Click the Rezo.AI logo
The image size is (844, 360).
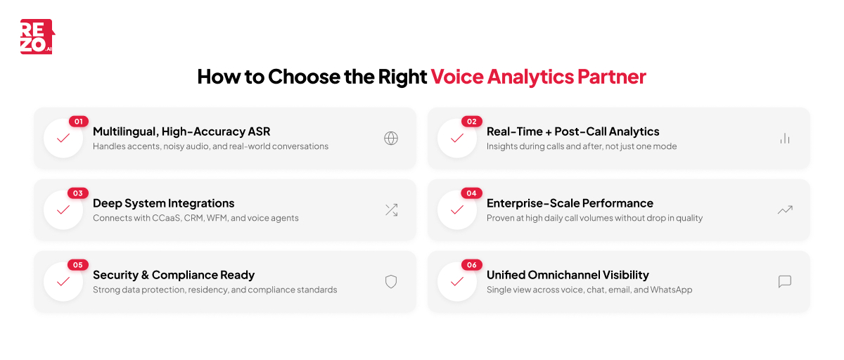pyautogui.click(x=37, y=37)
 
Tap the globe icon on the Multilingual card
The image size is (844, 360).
pyautogui.click(x=391, y=138)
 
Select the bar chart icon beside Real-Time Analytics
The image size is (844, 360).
pyautogui.click(x=785, y=138)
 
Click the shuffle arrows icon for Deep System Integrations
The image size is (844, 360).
pyautogui.click(x=391, y=210)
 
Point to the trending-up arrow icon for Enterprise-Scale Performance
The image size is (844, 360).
pyautogui.click(x=785, y=210)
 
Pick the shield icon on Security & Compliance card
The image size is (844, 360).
pyautogui.click(x=391, y=281)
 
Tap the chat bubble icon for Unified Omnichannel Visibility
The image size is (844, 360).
pyautogui.click(x=785, y=281)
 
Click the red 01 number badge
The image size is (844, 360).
pyautogui.click(x=78, y=122)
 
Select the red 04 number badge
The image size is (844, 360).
pyautogui.click(x=471, y=193)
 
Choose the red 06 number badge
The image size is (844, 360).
pyautogui.click(x=471, y=265)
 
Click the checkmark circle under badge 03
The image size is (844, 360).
pyautogui.click(x=63, y=210)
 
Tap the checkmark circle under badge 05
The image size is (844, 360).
pyautogui.click(x=63, y=281)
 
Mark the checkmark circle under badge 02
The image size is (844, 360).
pyautogui.click(x=457, y=138)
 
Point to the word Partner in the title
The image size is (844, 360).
pyautogui.click(x=611, y=77)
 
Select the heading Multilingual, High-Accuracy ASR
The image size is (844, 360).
pyautogui.click(x=181, y=131)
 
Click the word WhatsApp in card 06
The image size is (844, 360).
pyautogui.click(x=671, y=290)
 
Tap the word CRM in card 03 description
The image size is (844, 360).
pyautogui.click(x=193, y=218)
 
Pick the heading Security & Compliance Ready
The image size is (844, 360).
pyautogui.click(x=174, y=275)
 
